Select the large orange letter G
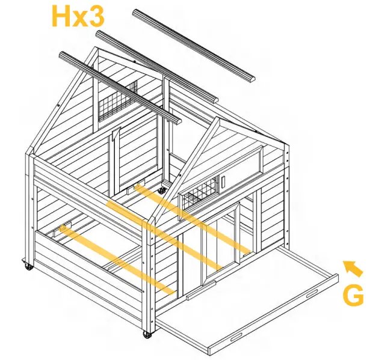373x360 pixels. point(353,296)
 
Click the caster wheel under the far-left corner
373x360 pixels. point(28,264)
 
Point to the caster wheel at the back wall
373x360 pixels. point(161,191)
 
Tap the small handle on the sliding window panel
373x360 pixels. point(222,180)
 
